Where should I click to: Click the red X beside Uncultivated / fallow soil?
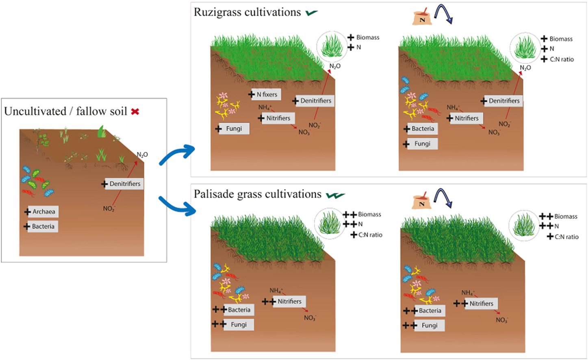[x=135, y=111]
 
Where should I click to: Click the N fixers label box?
[x=267, y=94]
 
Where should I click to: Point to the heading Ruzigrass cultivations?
[x=247, y=12]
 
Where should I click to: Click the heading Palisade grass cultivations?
[x=257, y=194]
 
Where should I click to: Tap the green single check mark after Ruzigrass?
[x=312, y=13]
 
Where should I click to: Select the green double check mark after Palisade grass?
[x=335, y=195]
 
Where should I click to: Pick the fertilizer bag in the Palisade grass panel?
[x=421, y=201]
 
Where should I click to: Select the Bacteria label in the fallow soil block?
[x=43, y=226]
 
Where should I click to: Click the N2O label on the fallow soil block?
[x=142, y=155]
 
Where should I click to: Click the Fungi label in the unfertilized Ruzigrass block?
[x=234, y=128]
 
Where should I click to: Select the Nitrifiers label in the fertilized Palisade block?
[x=481, y=304]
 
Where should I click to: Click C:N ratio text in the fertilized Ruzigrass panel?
[x=562, y=59]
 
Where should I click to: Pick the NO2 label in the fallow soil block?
[x=109, y=209]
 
